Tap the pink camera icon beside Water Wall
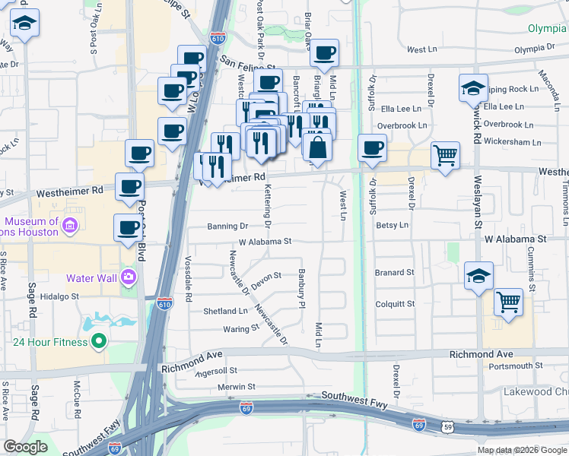point(127,275)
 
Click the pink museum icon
point(70,226)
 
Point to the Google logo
point(25,446)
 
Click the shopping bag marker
point(319,147)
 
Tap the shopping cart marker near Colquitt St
point(508,301)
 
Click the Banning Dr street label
point(227,226)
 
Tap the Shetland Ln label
point(225,311)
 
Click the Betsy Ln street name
point(393,225)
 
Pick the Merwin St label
point(236,387)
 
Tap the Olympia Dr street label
point(540,49)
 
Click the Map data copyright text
point(521,450)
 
